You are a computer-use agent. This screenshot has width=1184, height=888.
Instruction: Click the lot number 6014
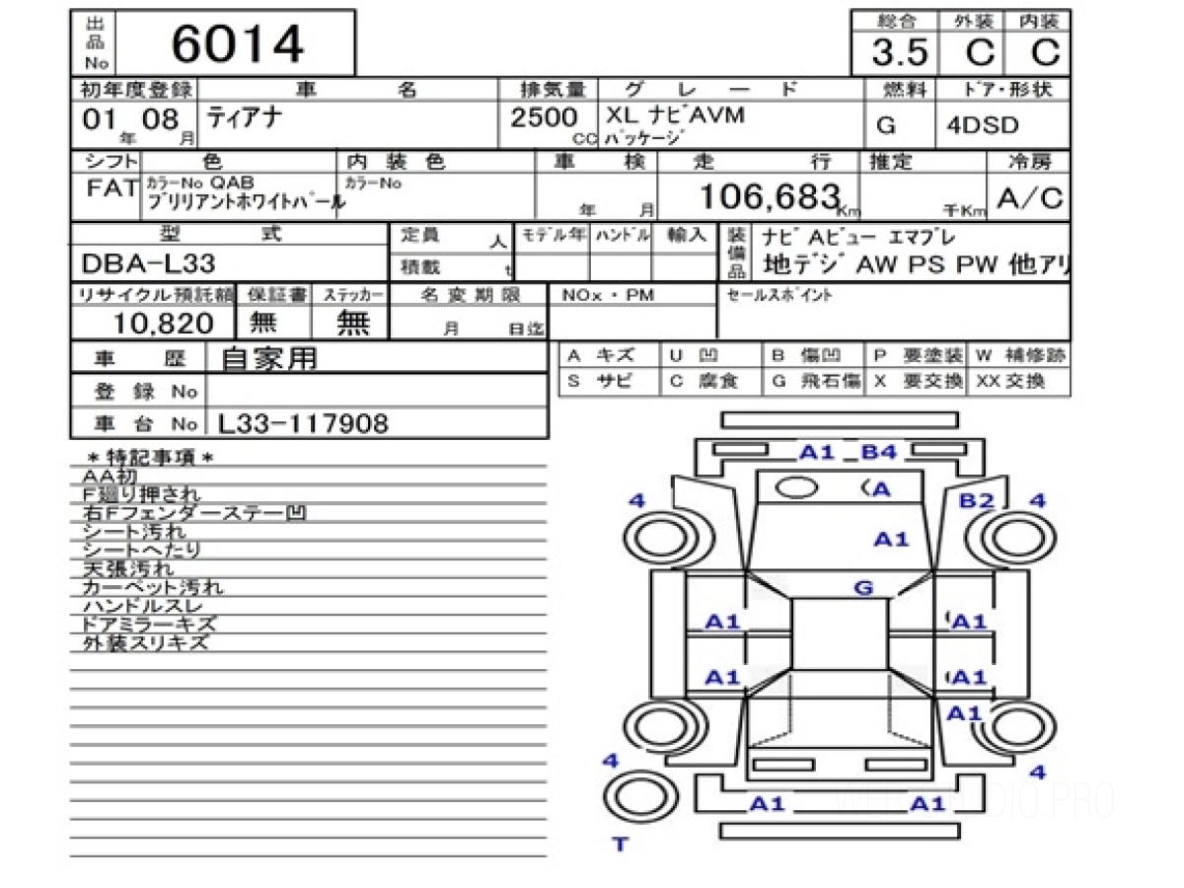[x=238, y=43]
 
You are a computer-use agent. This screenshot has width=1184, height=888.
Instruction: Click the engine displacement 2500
[x=544, y=118]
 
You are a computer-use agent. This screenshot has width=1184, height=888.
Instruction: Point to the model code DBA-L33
[x=149, y=263]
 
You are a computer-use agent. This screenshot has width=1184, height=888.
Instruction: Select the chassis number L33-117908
[x=303, y=424]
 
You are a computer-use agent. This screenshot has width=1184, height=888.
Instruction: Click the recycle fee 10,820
[x=163, y=323]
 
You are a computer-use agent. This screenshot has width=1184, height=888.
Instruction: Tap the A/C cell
[x=1030, y=198]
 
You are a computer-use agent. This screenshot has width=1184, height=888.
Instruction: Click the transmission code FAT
[x=111, y=188]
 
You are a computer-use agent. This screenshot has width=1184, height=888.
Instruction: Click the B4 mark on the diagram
[x=878, y=453]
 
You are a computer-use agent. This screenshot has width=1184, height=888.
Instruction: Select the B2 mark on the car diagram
[x=977, y=501]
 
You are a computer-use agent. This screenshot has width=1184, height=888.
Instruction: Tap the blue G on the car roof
[x=863, y=588]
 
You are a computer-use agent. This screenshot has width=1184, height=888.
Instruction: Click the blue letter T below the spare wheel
[x=620, y=844]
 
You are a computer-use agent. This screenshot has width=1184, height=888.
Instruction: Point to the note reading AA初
[x=108, y=476]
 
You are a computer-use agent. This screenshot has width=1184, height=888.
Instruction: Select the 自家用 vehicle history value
[x=269, y=359]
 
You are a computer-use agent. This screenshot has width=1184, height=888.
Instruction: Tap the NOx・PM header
[x=608, y=295]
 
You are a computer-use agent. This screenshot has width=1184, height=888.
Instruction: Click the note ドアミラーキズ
[x=149, y=625]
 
